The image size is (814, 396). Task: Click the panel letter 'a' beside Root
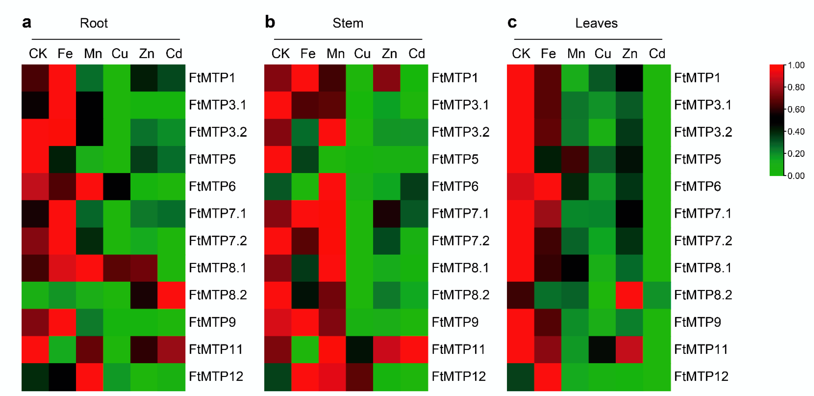click(27, 23)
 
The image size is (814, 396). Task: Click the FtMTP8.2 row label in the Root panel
click(218, 295)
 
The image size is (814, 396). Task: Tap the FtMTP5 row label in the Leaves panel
click(697, 159)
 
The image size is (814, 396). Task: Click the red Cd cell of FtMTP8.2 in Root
click(171, 295)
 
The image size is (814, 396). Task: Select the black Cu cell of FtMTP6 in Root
click(117, 186)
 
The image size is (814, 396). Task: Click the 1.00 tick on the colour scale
click(796, 65)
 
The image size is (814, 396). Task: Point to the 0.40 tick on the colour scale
click(796, 131)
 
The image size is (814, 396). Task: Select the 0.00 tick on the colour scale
click(796, 176)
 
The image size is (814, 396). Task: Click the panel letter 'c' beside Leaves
click(512, 23)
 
